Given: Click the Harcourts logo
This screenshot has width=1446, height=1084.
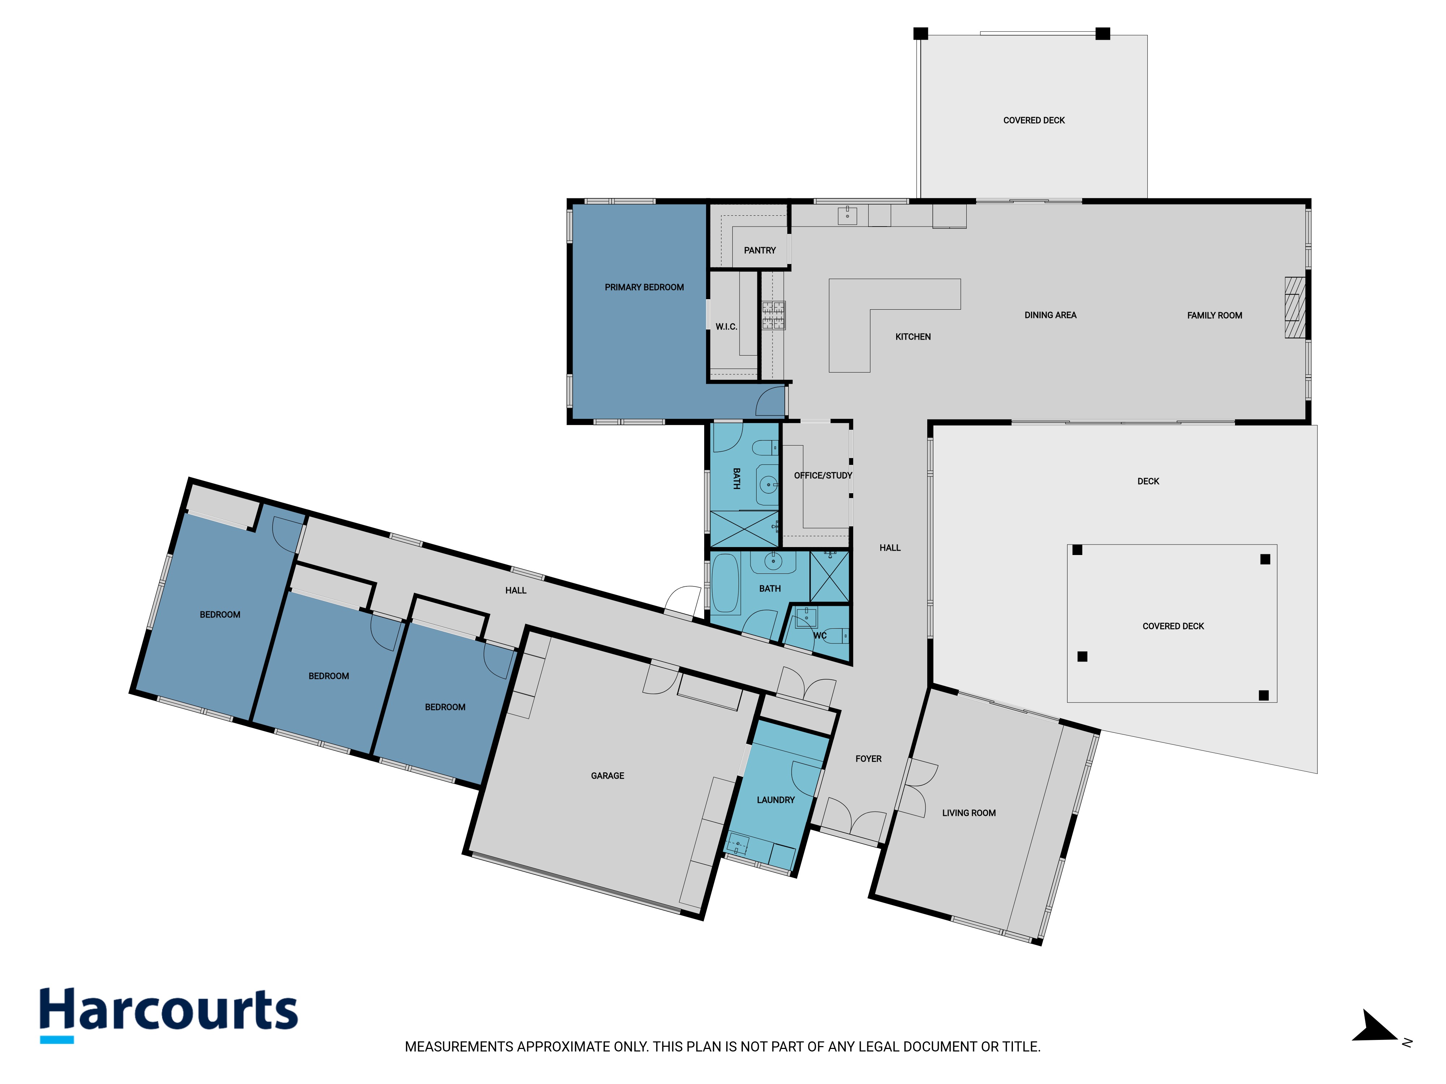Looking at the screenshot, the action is click(x=169, y=1015).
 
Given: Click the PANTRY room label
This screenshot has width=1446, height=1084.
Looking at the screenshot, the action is click(x=760, y=250).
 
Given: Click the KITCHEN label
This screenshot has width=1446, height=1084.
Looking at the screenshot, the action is click(x=912, y=336).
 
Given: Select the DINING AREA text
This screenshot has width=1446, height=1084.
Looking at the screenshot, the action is click(x=1050, y=315).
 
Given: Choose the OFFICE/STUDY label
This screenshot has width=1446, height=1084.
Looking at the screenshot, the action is click(x=823, y=475).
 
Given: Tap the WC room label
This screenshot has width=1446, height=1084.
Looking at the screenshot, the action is click(x=820, y=635).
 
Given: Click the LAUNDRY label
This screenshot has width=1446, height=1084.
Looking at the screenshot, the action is click(x=775, y=800).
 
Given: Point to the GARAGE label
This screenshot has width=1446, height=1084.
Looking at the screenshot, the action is click(x=607, y=775).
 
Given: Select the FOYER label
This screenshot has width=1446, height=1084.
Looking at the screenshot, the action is click(x=868, y=758).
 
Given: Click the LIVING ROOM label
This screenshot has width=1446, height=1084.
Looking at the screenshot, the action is click(x=969, y=813).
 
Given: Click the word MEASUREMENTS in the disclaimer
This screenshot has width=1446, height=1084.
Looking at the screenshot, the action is click(x=459, y=1047).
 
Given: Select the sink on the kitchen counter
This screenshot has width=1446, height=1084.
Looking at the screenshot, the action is click(x=847, y=215).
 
